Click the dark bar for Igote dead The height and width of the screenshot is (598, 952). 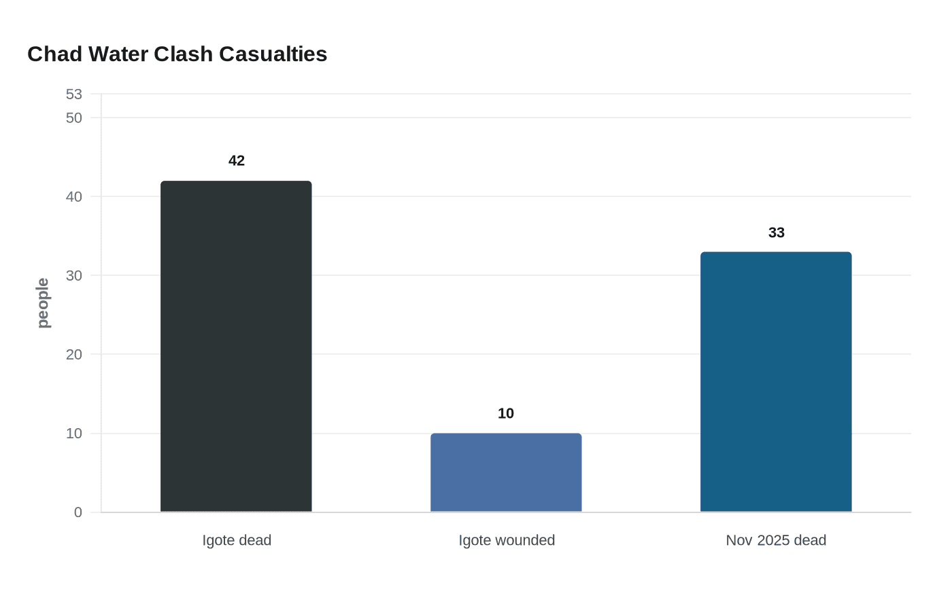click(x=236, y=347)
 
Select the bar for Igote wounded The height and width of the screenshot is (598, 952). click(x=506, y=472)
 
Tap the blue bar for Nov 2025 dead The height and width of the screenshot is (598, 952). click(x=776, y=382)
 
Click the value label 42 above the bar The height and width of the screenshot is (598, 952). click(x=237, y=161)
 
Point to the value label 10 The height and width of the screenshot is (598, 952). click(x=506, y=414)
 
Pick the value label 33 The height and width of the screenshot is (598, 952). click(x=777, y=233)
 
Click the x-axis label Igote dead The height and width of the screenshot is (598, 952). click(x=237, y=540)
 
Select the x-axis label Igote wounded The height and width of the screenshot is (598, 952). click(x=507, y=540)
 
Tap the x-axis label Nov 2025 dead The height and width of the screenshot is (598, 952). click(x=776, y=540)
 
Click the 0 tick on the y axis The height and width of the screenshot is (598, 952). click(x=78, y=512)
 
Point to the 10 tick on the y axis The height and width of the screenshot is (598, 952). click(x=74, y=434)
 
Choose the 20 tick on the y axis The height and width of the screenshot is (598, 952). click(x=74, y=355)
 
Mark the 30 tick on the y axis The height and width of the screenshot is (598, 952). click(x=74, y=276)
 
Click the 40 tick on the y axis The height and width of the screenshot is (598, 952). click(x=74, y=197)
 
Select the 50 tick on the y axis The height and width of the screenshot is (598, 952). click(x=74, y=118)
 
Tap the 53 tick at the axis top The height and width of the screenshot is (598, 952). click(x=74, y=94)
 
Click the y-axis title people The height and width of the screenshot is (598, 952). click(x=43, y=303)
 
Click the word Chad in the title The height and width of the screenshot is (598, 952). click(x=55, y=54)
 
